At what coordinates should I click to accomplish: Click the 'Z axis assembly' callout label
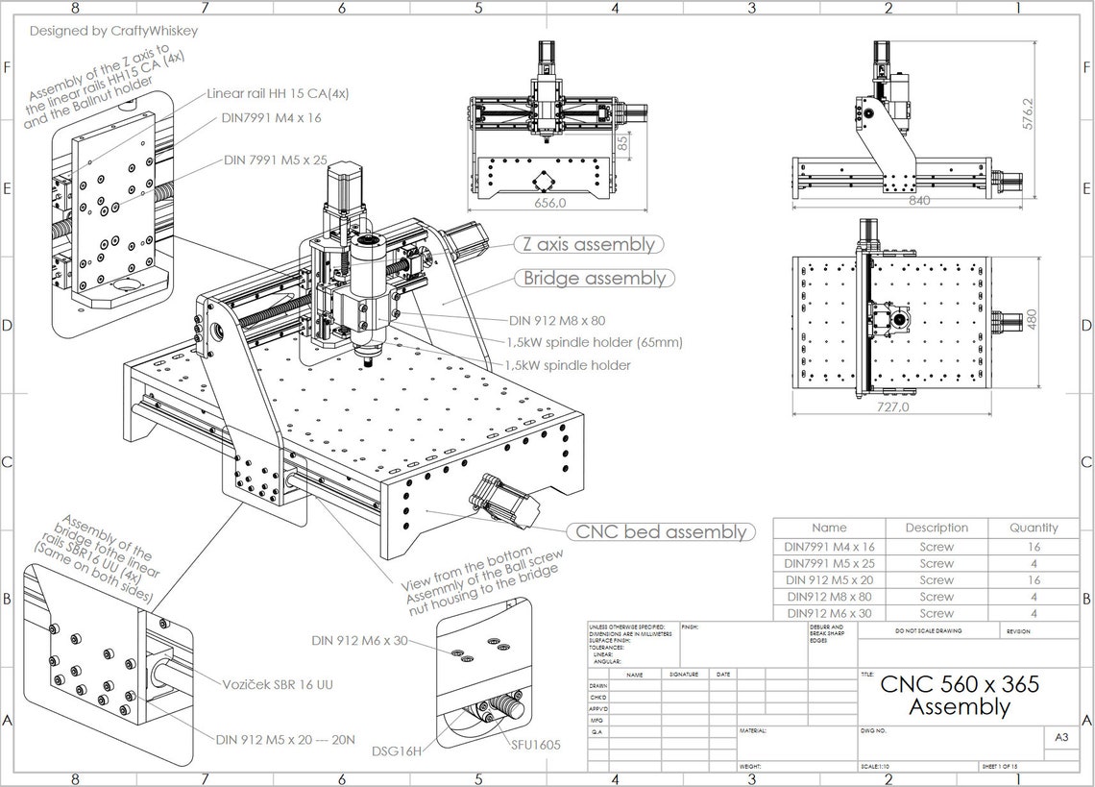pyautogui.click(x=588, y=244)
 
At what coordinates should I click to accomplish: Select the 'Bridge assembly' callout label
pyautogui.click(x=594, y=279)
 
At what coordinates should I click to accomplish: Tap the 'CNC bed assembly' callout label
pyautogui.click(x=661, y=531)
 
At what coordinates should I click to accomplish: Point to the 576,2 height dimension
pyautogui.click(x=1029, y=113)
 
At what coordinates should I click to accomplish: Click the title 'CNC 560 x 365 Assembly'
pyautogui.click(x=959, y=696)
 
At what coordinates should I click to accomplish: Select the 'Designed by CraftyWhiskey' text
pyautogui.click(x=113, y=31)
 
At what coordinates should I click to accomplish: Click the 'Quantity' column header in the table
pyautogui.click(x=1033, y=528)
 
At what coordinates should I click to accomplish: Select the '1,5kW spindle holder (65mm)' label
pyautogui.click(x=595, y=342)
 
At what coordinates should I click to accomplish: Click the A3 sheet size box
pyautogui.click(x=1061, y=738)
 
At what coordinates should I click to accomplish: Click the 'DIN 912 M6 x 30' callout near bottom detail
pyautogui.click(x=359, y=640)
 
